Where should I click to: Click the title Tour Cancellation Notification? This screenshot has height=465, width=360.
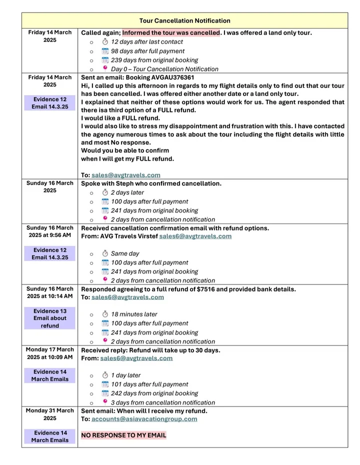click(x=184, y=20)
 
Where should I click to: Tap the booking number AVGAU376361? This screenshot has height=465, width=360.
click(x=169, y=78)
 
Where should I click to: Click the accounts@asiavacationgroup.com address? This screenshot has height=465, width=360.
click(x=144, y=419)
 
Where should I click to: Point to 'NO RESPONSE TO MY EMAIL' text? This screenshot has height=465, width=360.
click(x=123, y=435)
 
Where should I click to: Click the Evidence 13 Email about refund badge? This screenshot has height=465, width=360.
click(x=49, y=318)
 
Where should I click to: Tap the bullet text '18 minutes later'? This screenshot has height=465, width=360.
click(x=134, y=314)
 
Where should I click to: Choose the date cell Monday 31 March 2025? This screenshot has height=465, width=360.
click(x=49, y=414)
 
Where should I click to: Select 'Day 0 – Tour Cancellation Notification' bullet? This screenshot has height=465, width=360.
click(x=164, y=69)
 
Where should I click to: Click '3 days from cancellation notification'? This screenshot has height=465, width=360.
click(x=163, y=402)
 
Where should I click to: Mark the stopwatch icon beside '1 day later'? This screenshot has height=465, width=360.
click(x=105, y=375)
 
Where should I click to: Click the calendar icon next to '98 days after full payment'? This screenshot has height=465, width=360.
click(x=105, y=51)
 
